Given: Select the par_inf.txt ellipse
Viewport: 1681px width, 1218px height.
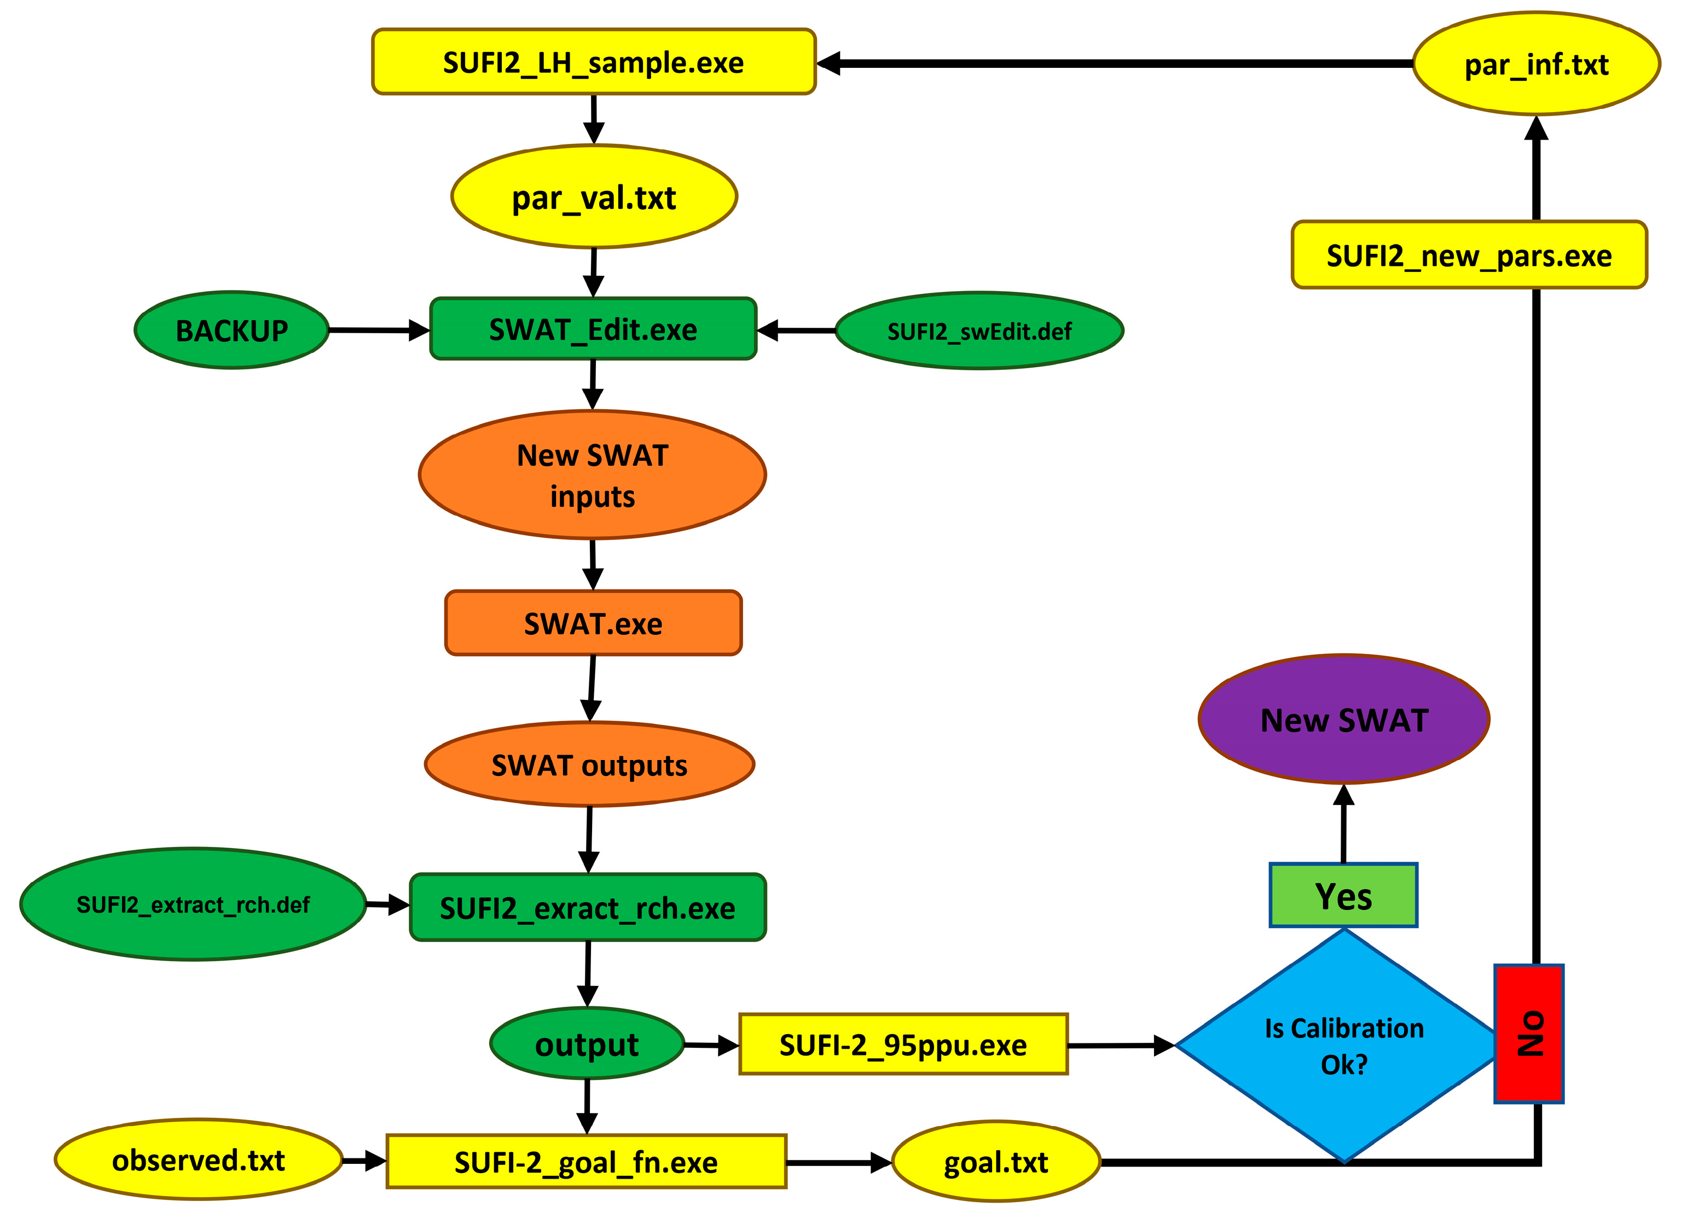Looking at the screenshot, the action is point(1537,64).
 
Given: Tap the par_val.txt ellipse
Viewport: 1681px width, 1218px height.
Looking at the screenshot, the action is point(594,196).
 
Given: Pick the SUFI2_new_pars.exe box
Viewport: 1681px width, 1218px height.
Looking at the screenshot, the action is point(1469,254).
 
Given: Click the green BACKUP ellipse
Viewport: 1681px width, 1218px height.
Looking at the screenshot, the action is point(231,330).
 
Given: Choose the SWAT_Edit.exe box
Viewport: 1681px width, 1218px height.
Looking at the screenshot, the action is point(593,329).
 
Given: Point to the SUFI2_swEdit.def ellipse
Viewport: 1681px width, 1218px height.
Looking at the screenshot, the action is point(979,330).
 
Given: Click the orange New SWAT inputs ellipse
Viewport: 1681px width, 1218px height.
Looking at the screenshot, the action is point(592,474).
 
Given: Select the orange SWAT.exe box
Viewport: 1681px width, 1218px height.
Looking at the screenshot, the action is point(593,623).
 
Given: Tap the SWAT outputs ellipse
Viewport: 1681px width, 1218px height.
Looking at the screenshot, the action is point(589,764).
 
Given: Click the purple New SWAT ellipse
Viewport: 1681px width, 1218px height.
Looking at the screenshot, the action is point(1344,719).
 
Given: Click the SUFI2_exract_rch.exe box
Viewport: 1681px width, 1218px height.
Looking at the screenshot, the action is point(588,907).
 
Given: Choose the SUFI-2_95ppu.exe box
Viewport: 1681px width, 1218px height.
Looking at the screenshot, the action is point(903,1044).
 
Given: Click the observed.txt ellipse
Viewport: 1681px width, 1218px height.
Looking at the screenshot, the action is point(199,1160).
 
